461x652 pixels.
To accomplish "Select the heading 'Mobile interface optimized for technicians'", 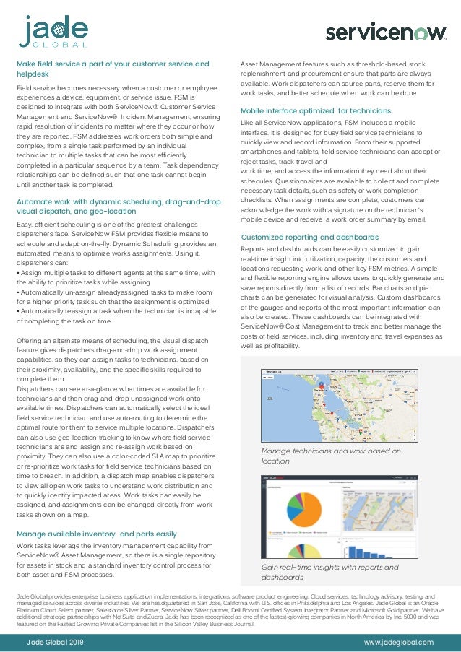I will [315, 111].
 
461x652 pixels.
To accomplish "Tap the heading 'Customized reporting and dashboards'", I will [309, 237].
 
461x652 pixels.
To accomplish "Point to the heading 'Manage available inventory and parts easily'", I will [96, 534].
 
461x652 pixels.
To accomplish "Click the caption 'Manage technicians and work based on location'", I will [330, 456].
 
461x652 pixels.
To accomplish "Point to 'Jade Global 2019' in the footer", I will [55, 642].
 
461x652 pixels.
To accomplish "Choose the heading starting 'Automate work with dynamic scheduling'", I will [118, 207].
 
